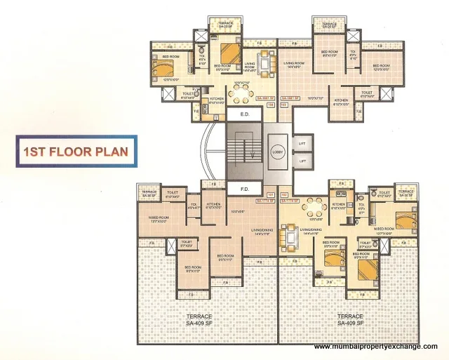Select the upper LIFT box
pos(302,142)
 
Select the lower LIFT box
pos(302,161)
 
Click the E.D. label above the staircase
pos(244,114)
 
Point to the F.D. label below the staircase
pos(244,189)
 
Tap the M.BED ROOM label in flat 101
pos(159,218)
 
